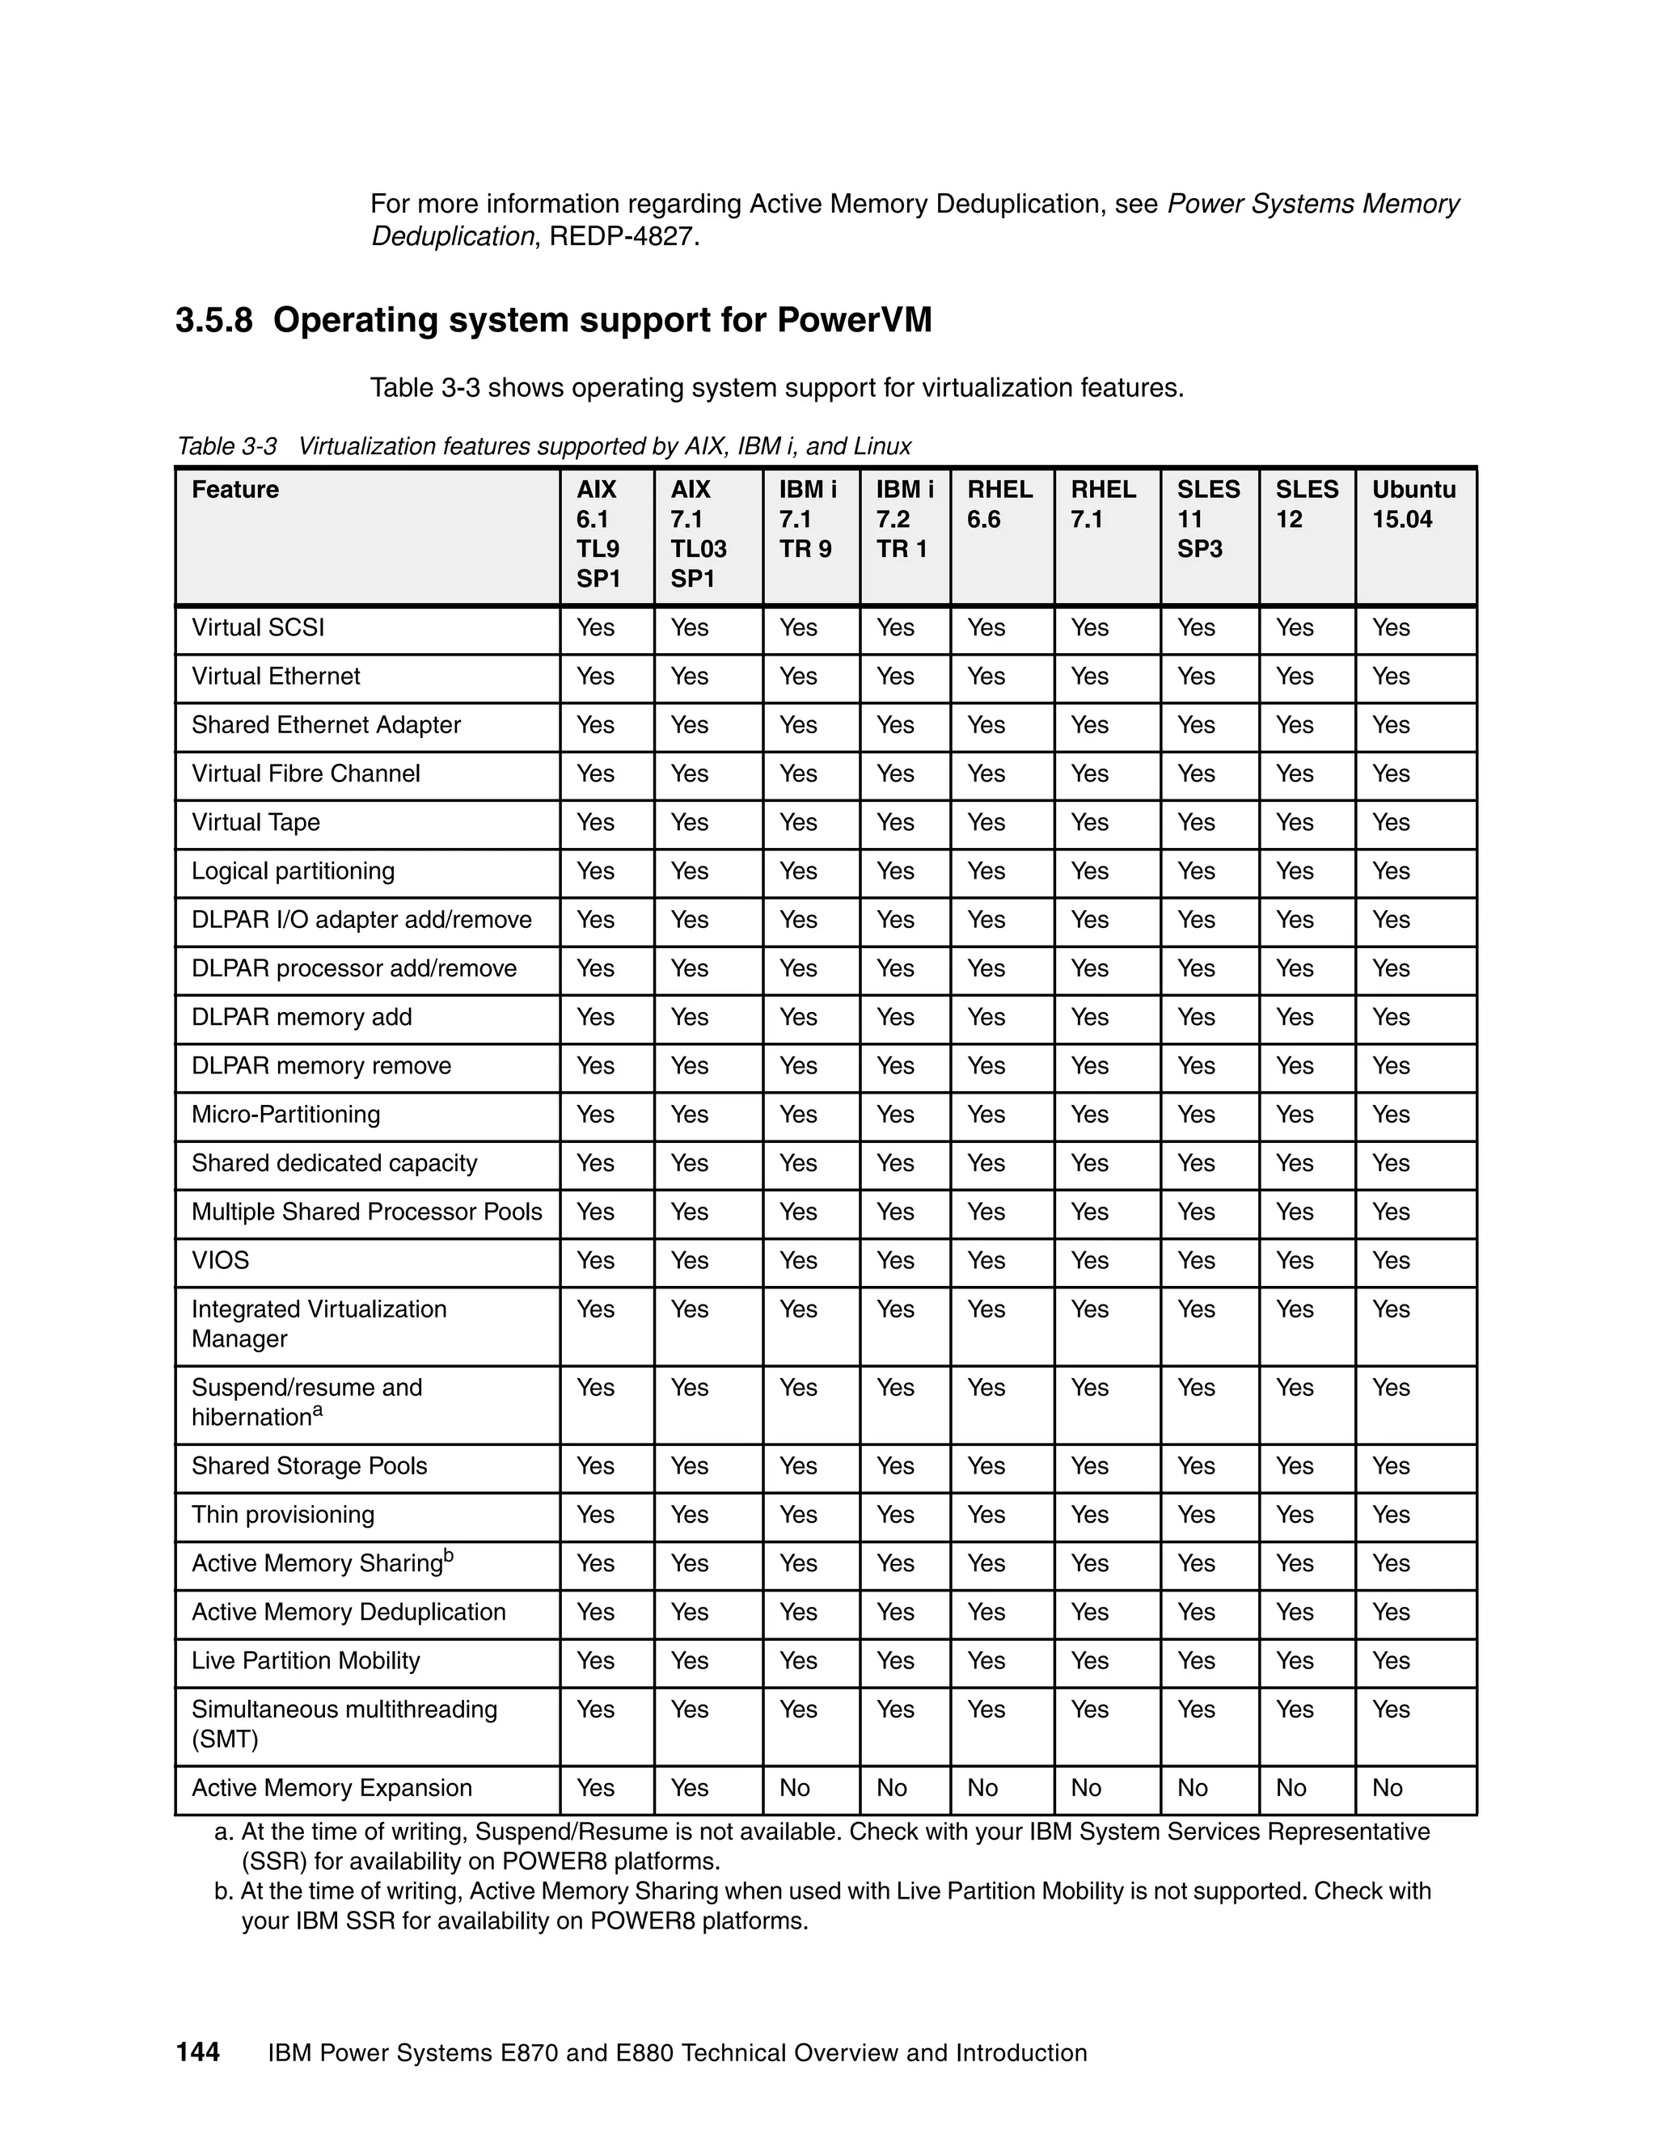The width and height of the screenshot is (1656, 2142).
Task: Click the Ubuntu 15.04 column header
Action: pyautogui.click(x=1413, y=504)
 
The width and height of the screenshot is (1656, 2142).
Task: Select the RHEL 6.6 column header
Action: pyautogui.click(x=999, y=504)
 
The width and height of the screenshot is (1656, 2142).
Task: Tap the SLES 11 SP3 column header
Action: pyautogui.click(x=1208, y=519)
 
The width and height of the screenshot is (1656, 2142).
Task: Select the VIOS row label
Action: pyautogui.click(x=221, y=1260)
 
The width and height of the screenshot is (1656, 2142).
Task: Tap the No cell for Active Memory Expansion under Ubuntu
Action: pyautogui.click(x=1388, y=1788)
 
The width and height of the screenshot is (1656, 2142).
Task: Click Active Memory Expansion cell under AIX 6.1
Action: pyautogui.click(x=595, y=1788)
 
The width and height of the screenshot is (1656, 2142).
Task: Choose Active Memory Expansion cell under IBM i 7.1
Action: pyautogui.click(x=795, y=1788)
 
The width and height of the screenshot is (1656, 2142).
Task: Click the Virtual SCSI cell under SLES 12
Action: pyautogui.click(x=1294, y=628)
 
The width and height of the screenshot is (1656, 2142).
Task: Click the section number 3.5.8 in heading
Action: pyautogui.click(x=213, y=321)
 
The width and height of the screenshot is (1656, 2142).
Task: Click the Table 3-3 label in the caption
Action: pyautogui.click(x=226, y=446)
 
